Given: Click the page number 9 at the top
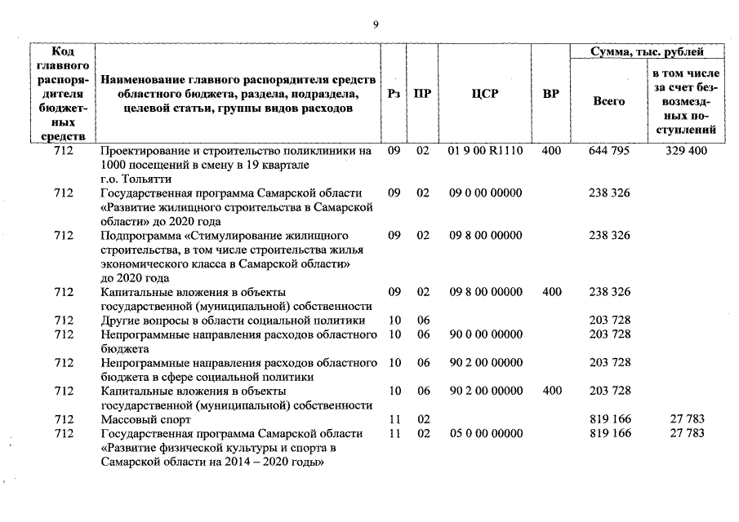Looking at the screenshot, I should tap(375, 25).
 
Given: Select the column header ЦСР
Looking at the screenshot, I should tap(485, 94).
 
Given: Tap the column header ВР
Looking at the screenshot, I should tap(551, 94).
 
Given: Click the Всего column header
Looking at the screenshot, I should tap(608, 101).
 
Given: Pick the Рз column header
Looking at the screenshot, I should tap(394, 94).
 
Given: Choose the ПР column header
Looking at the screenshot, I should tap(422, 94).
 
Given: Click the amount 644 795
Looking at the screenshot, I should tap(608, 151).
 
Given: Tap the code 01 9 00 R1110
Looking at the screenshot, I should tap(485, 151).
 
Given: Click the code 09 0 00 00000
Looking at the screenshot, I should tap(485, 192).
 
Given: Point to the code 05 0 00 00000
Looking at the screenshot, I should tap(485, 433).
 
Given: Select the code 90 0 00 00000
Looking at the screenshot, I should tap(485, 334).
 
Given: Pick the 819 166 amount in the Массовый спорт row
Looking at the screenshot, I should tap(608, 419).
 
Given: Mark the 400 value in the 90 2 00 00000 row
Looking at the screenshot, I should tap(551, 391).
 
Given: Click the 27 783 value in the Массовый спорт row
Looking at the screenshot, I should tap(687, 419).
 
